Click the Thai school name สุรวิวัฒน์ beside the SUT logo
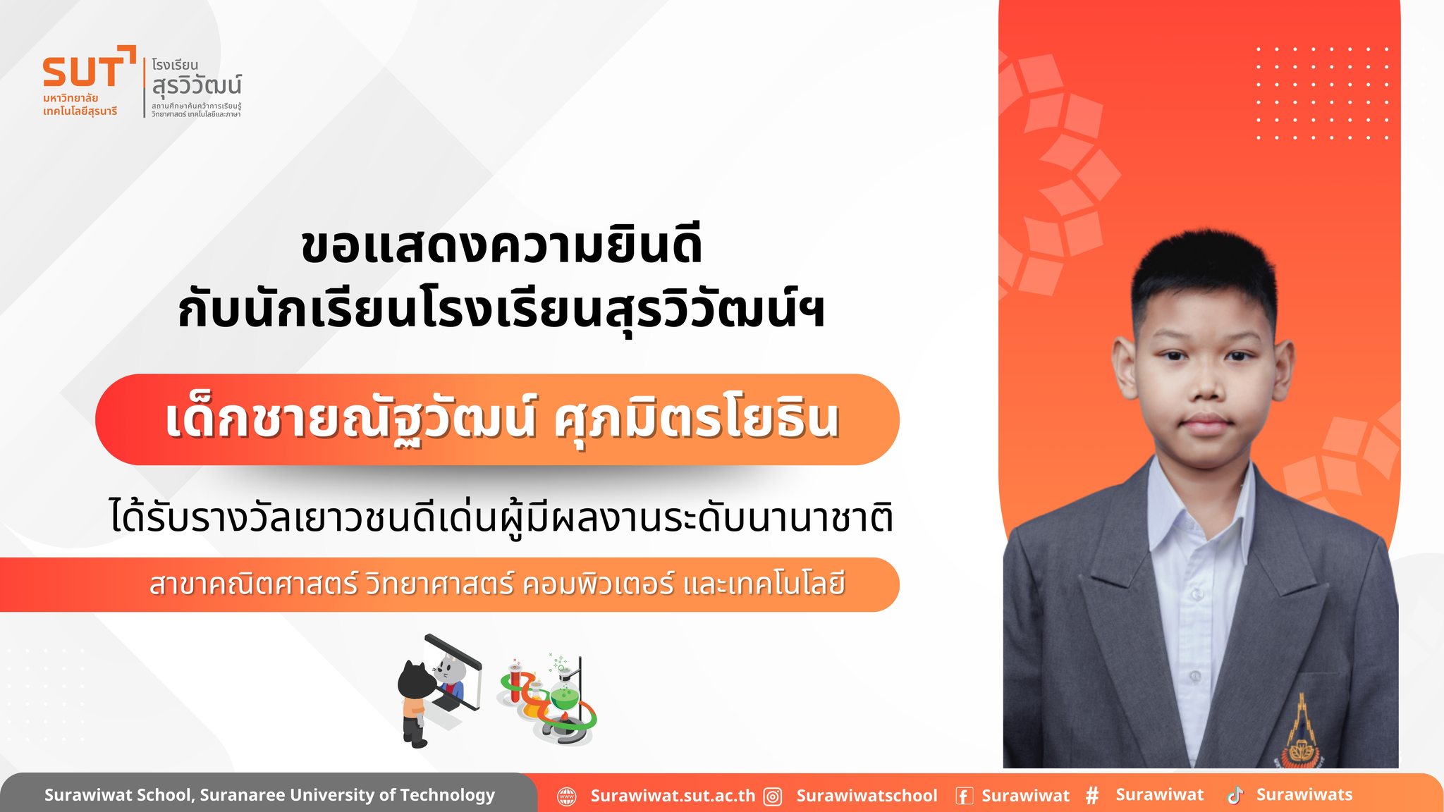click(x=197, y=86)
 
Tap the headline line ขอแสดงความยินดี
click(x=501, y=245)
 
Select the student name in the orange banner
click(x=502, y=418)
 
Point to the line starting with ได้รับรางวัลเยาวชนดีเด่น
click(x=501, y=516)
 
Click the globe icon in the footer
click(x=567, y=796)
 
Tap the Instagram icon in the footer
click(x=773, y=796)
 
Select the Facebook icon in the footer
click(x=964, y=796)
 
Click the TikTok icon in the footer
click(x=1235, y=795)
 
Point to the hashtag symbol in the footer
click(x=1092, y=796)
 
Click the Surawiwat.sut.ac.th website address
click(x=673, y=796)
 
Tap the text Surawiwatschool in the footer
click(x=867, y=796)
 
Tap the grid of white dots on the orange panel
click(x=1322, y=93)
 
